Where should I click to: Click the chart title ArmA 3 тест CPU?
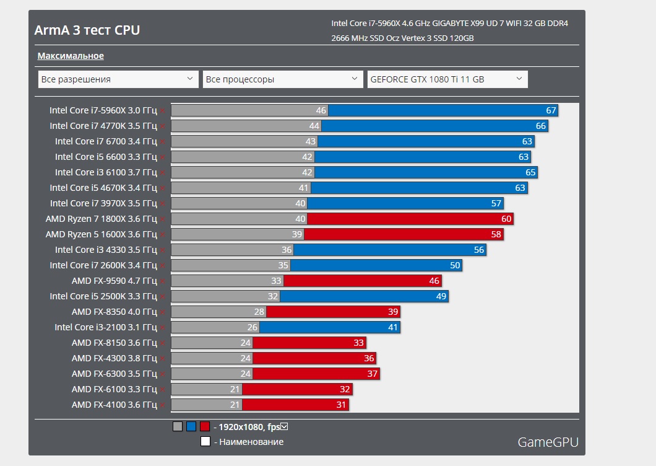pos(87,30)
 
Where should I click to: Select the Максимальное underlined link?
pos(71,56)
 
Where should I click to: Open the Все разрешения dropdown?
pos(118,79)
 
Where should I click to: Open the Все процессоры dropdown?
pos(283,79)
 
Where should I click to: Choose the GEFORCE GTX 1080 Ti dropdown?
pos(447,79)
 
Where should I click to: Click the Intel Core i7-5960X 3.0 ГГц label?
pos(103,110)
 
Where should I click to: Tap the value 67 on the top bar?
pos(551,110)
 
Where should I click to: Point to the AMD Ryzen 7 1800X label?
pos(101,219)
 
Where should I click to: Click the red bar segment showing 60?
pos(410,219)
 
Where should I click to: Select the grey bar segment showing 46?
pos(249,110)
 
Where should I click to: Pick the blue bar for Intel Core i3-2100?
pos(329,327)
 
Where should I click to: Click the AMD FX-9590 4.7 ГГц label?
pos(114,281)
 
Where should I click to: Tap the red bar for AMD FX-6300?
pos(316,374)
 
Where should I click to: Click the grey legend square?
pos(178,426)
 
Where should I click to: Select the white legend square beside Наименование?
pos(205,442)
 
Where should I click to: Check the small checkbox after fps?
pos(285,426)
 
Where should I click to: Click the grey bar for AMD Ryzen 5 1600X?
pos(237,234)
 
